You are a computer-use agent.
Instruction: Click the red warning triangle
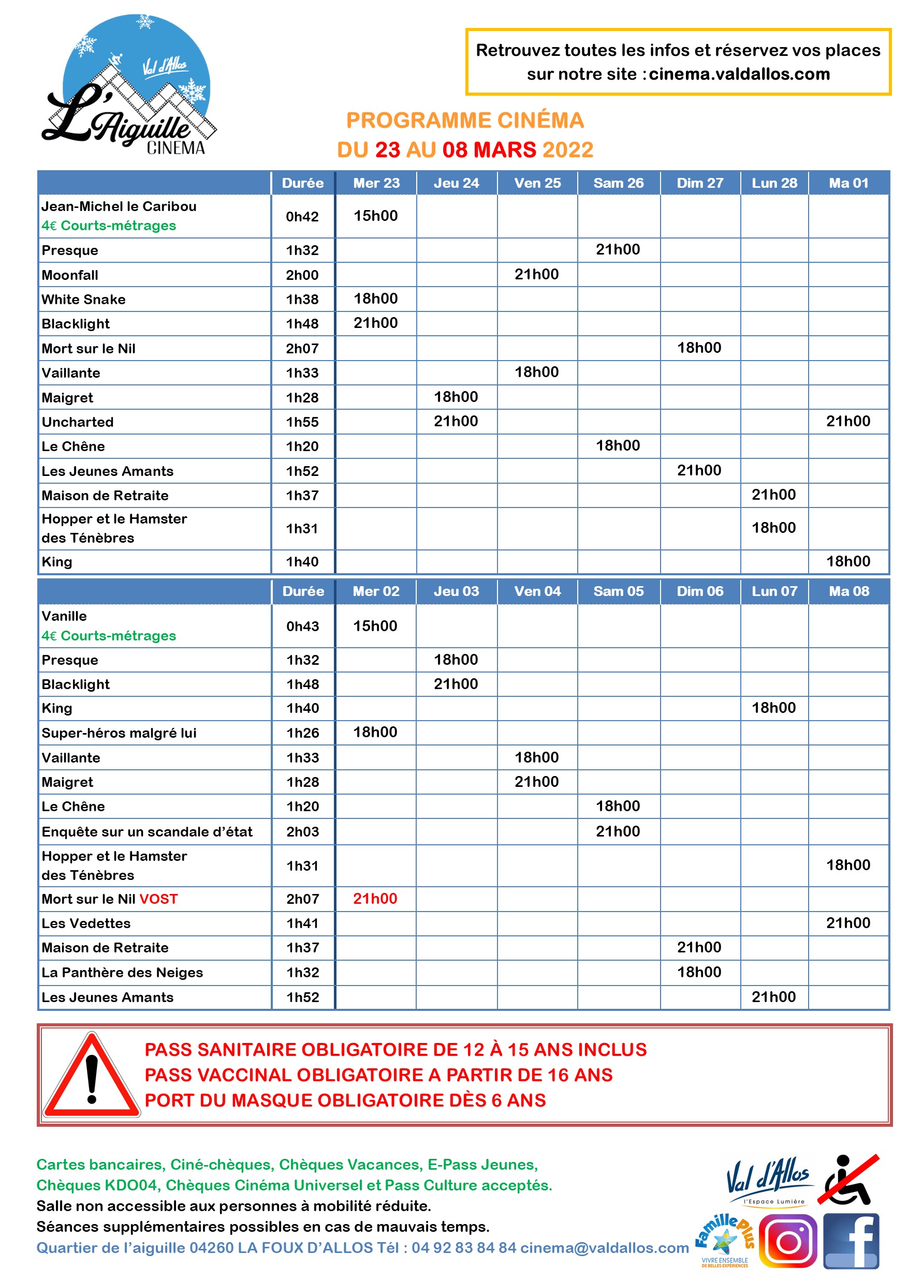coord(92,1076)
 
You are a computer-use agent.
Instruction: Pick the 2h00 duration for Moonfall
coord(302,275)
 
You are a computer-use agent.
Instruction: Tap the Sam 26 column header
coord(619,183)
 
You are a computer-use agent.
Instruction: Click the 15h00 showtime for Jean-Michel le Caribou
coord(376,216)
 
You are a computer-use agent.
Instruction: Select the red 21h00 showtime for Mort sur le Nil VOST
coord(375,899)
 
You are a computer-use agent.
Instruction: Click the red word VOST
coord(159,899)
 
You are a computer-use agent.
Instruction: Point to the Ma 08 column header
coord(849,591)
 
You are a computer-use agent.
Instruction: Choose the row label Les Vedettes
coord(86,923)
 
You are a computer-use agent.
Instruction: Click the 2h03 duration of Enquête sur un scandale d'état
coord(302,831)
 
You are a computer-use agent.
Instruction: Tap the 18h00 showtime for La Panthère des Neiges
coord(699,972)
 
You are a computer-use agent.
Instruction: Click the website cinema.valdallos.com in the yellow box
coord(739,74)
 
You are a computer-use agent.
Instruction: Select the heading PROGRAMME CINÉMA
coord(465,121)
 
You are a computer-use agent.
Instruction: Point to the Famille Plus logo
coord(725,1241)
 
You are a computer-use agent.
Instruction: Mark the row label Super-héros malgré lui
coord(119,733)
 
